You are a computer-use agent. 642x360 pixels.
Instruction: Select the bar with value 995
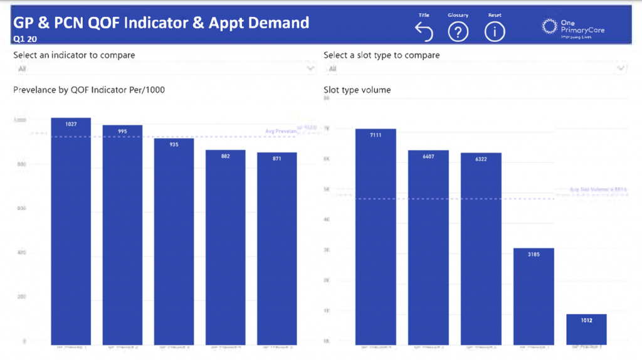(x=122, y=235)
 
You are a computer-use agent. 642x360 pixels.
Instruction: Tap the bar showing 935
(x=174, y=241)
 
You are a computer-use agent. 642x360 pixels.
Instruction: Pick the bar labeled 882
(x=225, y=247)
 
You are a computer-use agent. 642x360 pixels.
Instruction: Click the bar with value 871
(x=276, y=248)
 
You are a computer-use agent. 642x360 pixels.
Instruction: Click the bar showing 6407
(x=428, y=247)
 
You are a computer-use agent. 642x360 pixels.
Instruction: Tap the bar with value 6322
(x=481, y=248)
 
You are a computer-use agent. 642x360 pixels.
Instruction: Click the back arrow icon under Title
(x=424, y=31)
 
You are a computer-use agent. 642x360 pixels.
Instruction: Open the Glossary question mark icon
(x=458, y=31)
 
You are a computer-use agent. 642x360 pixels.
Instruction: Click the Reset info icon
(x=495, y=31)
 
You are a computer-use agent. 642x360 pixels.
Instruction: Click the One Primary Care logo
(x=568, y=28)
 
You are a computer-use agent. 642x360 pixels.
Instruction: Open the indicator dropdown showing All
(x=164, y=68)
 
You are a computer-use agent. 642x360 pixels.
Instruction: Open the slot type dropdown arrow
(x=621, y=68)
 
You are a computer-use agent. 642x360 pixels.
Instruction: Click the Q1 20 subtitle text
(x=24, y=38)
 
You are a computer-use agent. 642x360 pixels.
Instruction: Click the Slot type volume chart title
(x=357, y=90)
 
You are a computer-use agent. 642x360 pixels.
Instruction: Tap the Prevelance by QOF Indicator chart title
(x=89, y=90)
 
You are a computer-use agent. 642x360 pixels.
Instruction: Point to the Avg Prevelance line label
(x=280, y=131)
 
